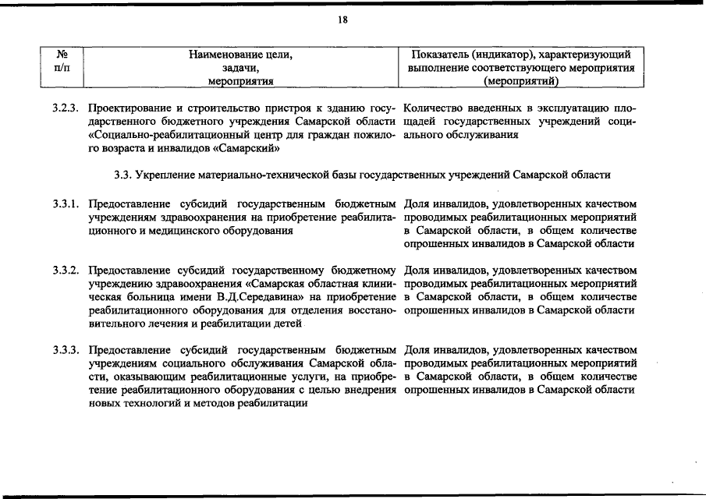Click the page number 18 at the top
[x=342, y=21]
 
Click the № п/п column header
[x=62, y=62]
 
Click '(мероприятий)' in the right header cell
[x=521, y=80]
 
